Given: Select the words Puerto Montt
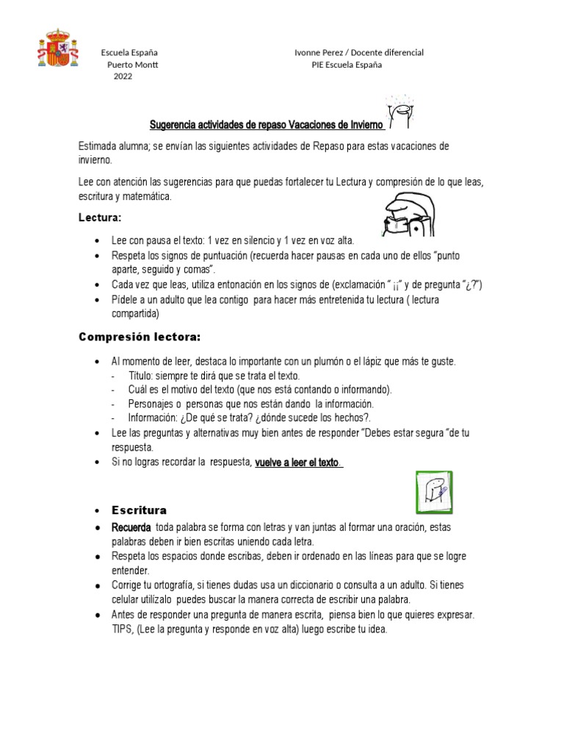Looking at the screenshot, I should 132,65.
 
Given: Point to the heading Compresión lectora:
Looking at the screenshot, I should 139,337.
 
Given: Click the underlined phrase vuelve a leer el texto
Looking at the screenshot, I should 297,462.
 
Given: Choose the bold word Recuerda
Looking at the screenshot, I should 131,528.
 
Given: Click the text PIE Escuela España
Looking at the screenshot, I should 347,65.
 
